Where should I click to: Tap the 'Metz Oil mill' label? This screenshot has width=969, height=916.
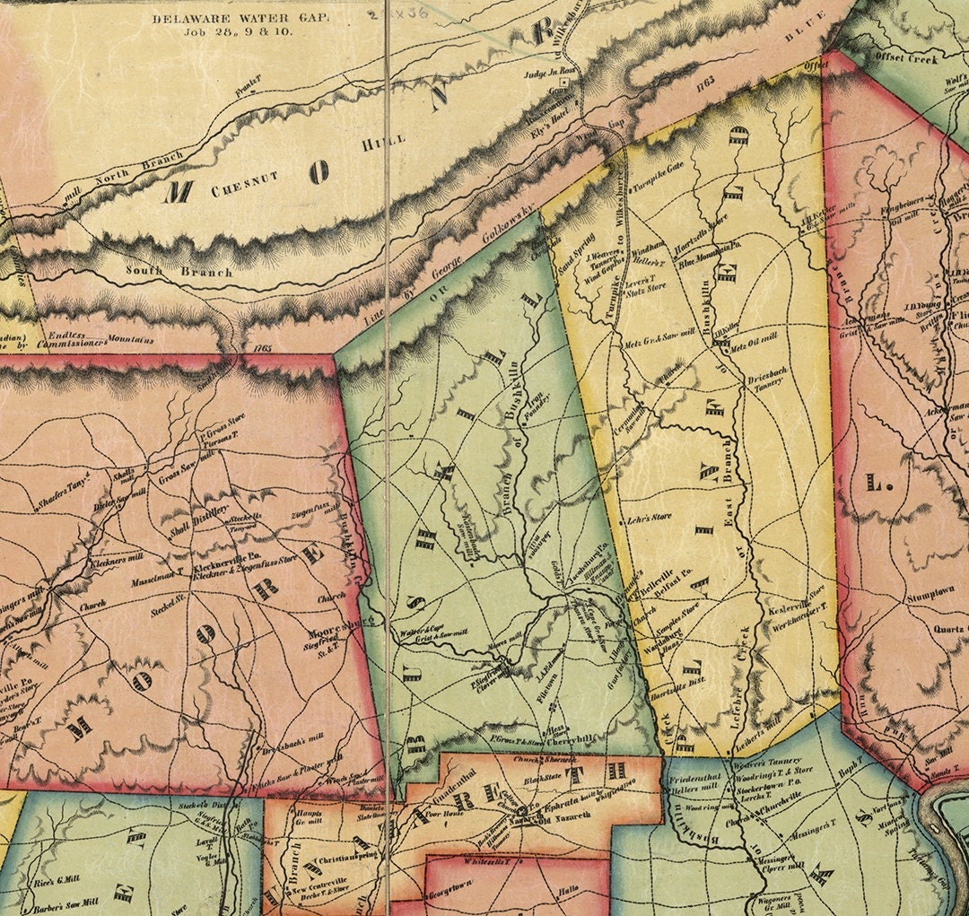click(754, 345)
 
